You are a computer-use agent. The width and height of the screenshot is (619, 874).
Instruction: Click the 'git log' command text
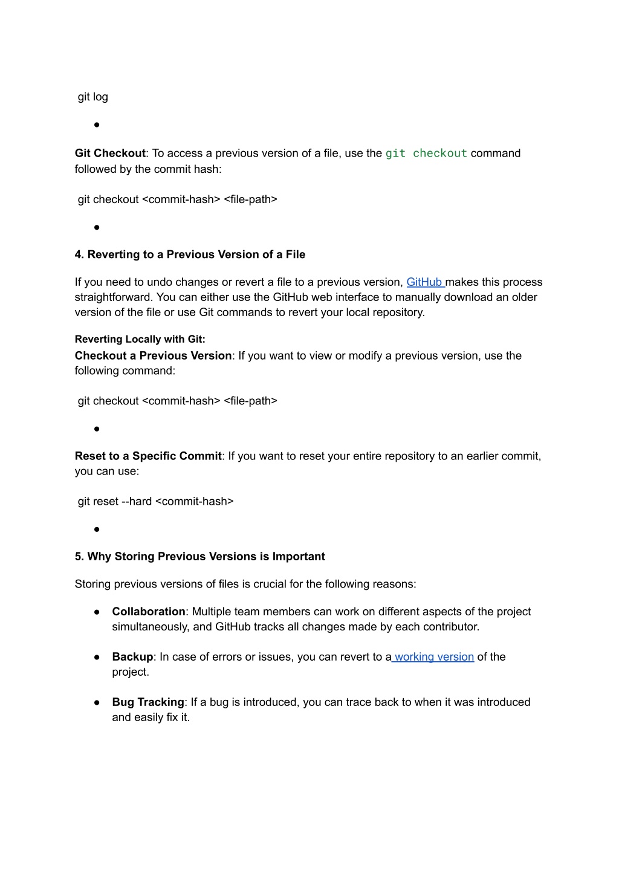click(93, 97)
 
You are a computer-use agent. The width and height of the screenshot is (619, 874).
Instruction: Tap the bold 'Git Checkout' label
click(110, 154)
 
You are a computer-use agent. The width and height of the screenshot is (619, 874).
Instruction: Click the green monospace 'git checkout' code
click(426, 154)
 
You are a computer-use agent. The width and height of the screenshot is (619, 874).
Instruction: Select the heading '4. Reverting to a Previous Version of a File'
click(190, 254)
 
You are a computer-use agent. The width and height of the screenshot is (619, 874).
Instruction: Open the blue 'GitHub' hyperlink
click(424, 282)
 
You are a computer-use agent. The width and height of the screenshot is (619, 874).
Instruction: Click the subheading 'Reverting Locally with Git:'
click(140, 339)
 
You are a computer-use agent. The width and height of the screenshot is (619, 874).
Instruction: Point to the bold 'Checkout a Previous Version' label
click(153, 355)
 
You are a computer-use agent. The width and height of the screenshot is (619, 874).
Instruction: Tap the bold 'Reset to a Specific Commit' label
click(148, 456)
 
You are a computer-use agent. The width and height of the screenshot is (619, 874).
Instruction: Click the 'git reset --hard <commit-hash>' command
click(155, 501)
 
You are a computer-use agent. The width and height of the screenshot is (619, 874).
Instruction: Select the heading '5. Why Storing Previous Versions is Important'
click(199, 556)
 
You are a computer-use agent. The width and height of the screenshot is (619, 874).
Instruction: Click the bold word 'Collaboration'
click(149, 611)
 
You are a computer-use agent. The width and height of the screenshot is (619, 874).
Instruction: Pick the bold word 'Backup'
click(132, 656)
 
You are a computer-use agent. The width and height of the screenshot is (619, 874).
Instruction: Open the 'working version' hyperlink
click(433, 656)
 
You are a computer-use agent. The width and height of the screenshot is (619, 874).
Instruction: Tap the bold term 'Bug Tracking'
click(148, 702)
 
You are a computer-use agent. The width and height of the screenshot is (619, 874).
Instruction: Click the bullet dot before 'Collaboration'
click(97, 612)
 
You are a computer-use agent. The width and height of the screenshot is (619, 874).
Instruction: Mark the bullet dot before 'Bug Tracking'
click(97, 702)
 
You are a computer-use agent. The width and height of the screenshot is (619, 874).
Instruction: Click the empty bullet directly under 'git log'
click(97, 125)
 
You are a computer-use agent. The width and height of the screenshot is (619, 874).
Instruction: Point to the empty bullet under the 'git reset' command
click(97, 529)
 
